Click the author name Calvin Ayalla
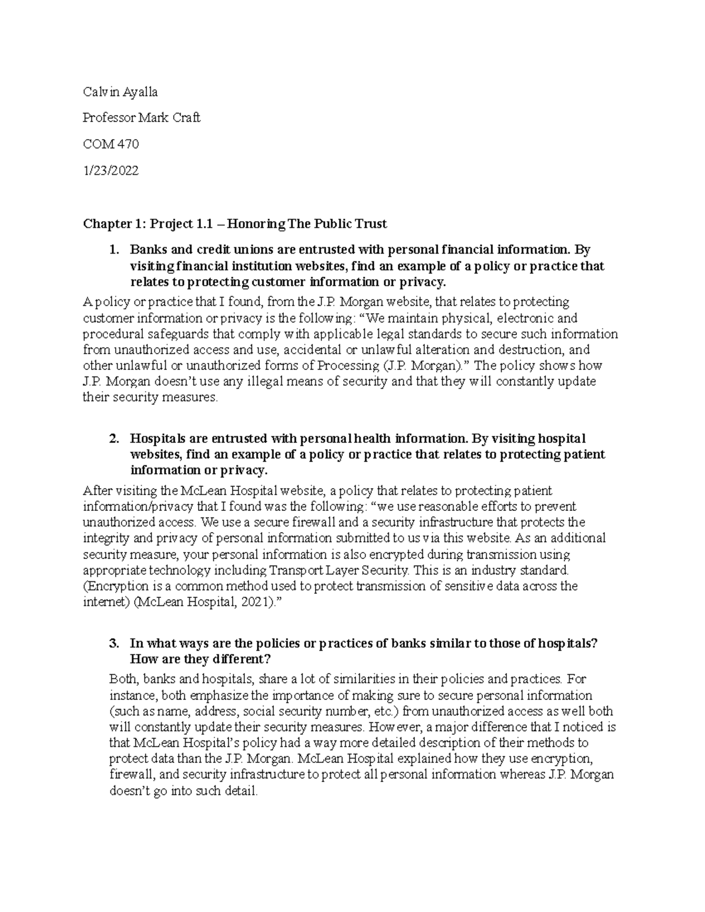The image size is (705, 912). [x=120, y=92]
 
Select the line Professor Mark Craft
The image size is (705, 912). [x=142, y=117]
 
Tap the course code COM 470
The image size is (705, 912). [x=111, y=144]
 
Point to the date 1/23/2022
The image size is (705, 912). [x=111, y=170]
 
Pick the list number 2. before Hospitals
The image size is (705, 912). [x=115, y=439]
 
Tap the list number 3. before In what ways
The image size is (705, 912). [x=115, y=643]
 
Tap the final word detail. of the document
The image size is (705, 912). [x=240, y=790]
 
